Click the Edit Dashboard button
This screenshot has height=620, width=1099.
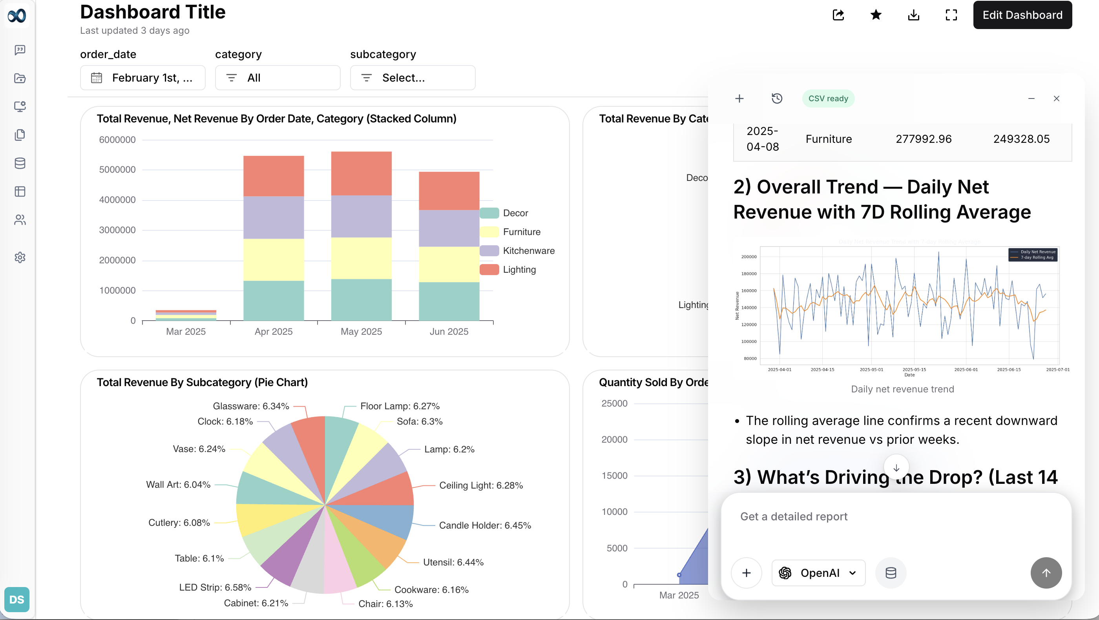1022,15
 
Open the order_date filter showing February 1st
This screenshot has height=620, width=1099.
142,78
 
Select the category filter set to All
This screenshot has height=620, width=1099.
277,78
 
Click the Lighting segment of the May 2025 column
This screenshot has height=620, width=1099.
361,173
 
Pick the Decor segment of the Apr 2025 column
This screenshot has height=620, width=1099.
274,300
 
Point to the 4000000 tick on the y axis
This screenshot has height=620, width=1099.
117,200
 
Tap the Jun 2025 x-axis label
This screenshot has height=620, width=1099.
449,331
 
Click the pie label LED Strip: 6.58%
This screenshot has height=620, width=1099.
215,587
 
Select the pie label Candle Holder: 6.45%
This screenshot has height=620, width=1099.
485,525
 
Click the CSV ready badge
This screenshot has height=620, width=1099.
828,98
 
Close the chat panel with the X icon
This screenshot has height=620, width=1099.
1056,98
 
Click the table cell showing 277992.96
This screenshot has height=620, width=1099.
923,139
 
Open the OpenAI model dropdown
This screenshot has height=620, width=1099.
818,573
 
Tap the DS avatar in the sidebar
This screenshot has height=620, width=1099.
16,599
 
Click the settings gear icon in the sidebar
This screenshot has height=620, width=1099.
20,257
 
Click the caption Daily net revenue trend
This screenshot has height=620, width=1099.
902,389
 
